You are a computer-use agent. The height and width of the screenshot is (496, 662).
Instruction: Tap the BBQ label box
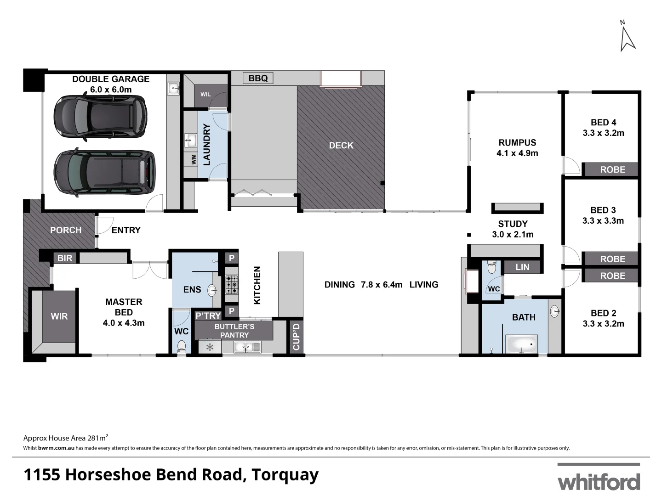258,79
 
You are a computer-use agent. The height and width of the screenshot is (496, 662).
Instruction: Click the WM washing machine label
194,159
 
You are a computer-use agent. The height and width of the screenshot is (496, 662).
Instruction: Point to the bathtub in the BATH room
522,344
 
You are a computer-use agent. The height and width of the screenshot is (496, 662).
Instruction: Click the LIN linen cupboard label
522,267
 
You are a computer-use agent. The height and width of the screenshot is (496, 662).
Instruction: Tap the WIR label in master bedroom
59,316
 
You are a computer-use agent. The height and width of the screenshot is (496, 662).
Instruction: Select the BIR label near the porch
65,258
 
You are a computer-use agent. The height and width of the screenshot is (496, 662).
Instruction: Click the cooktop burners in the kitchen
231,284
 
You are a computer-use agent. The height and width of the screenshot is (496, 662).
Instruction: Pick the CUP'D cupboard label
296,337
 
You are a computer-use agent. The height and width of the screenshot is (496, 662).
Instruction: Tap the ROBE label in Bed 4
612,169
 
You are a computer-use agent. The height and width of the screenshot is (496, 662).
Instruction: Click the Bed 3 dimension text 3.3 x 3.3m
603,221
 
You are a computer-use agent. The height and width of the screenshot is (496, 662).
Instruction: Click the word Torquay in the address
284,475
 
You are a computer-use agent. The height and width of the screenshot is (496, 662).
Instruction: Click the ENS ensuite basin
212,290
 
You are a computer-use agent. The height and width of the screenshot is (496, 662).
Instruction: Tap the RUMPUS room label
517,143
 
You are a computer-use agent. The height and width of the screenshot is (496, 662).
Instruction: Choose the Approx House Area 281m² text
66,438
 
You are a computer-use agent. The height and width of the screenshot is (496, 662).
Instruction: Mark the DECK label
341,146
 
